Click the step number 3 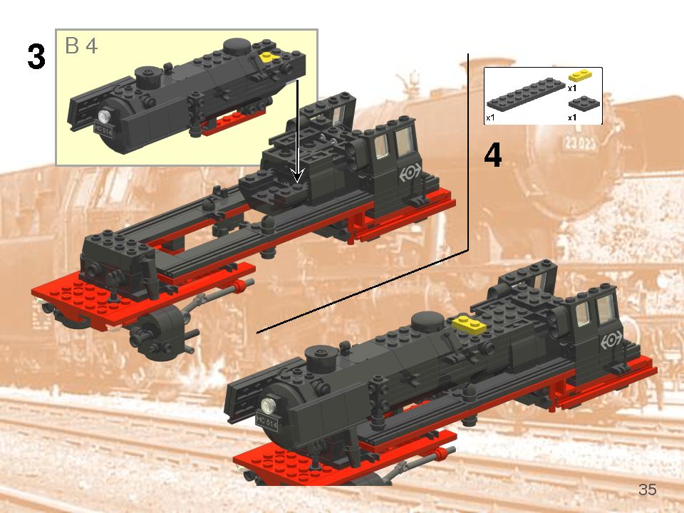[x=36, y=57]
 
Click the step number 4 [x=492, y=156]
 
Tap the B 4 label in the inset [x=81, y=46]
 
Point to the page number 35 [x=647, y=489]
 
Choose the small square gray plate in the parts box [x=586, y=103]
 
